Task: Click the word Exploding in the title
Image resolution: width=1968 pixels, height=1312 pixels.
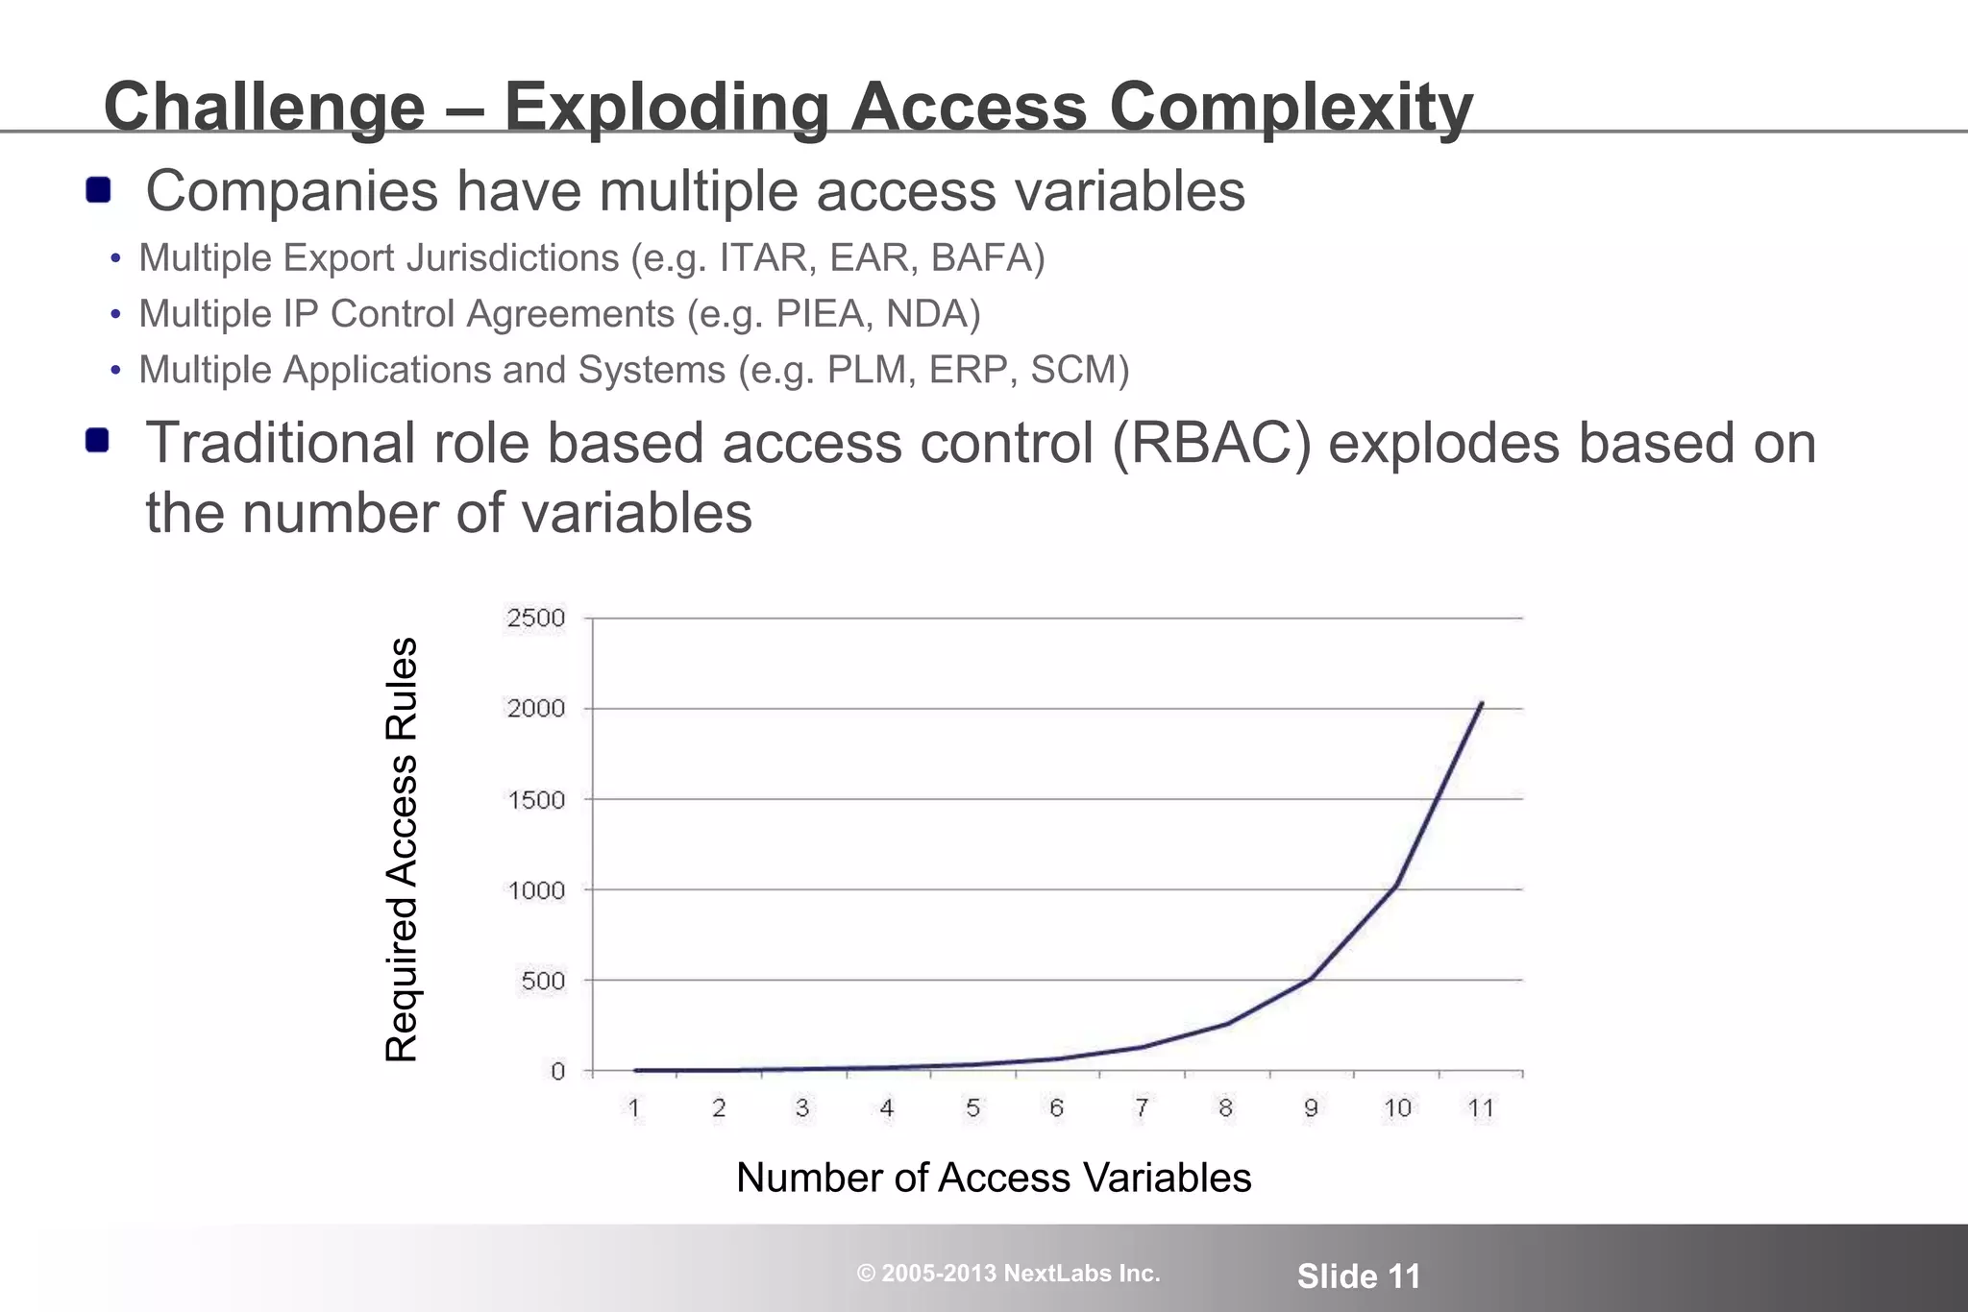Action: click(666, 107)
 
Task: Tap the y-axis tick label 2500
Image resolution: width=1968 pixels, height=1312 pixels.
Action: click(536, 618)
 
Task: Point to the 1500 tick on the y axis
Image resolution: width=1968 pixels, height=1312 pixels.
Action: click(536, 800)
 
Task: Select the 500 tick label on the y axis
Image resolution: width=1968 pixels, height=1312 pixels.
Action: click(543, 982)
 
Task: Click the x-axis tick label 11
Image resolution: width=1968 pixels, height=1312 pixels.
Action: click(1481, 1108)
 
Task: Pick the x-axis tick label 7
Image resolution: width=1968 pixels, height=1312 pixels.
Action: click(1141, 1108)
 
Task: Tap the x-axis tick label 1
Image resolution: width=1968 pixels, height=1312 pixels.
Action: click(634, 1108)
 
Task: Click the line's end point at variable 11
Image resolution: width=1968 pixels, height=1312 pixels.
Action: click(1482, 703)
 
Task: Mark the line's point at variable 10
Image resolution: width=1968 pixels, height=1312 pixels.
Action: click(1395, 885)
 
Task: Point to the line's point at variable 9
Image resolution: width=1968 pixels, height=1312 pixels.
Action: click(1311, 978)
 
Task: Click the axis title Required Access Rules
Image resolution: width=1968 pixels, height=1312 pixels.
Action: click(402, 849)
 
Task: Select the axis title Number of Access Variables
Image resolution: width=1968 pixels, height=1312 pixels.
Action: click(994, 1178)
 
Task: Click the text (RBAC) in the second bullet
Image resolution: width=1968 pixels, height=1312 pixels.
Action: click(1212, 444)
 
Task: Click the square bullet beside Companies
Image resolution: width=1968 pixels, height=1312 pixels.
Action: click(98, 190)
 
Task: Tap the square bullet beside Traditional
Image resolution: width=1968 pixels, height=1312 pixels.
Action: click(97, 441)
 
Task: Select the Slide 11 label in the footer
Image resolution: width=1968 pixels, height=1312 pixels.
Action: click(1358, 1276)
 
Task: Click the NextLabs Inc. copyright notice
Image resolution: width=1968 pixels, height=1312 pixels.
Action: click(1008, 1274)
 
